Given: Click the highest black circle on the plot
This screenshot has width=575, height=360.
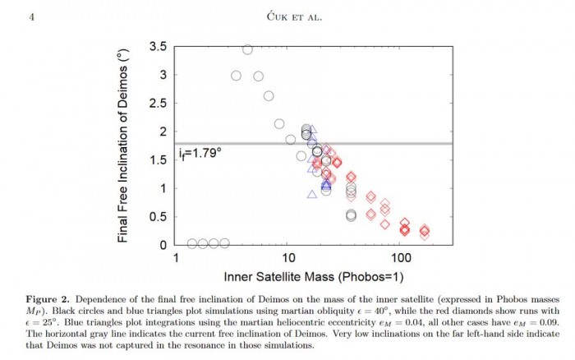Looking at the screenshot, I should click(x=247, y=49).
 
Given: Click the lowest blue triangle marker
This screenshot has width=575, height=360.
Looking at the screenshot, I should click(x=311, y=195).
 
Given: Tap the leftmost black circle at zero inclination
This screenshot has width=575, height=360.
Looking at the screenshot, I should click(x=192, y=243).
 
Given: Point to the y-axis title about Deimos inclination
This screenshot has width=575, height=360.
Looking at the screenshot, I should click(x=125, y=145).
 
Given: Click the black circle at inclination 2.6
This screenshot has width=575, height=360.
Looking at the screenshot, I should click(x=269, y=96).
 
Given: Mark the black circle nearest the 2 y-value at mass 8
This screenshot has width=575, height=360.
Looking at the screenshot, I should click(x=279, y=124).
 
